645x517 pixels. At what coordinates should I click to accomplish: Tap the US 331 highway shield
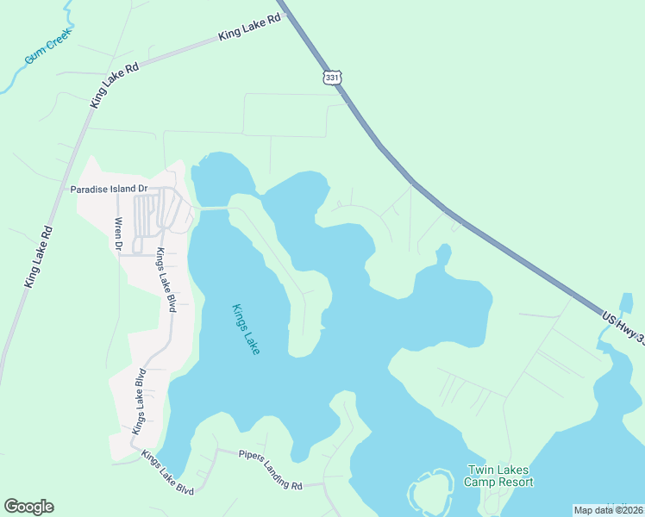pyautogui.click(x=333, y=78)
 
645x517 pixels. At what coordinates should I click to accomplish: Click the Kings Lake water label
pyautogui.click(x=246, y=329)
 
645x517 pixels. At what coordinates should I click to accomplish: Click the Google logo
pyautogui.click(x=28, y=507)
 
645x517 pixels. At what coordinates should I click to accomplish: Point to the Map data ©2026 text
pyautogui.click(x=608, y=510)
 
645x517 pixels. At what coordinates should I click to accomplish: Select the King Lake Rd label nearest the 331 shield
pyautogui.click(x=250, y=28)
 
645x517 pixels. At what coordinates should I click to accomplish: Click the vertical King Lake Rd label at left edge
pyautogui.click(x=40, y=256)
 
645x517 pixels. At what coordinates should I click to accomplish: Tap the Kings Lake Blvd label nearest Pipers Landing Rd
pyautogui.click(x=168, y=472)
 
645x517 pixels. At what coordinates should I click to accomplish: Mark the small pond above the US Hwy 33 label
pyautogui.click(x=628, y=303)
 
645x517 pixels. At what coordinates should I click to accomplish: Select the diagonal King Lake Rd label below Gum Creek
pyautogui.click(x=115, y=84)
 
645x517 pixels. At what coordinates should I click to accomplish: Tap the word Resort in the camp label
pyautogui.click(x=515, y=482)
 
